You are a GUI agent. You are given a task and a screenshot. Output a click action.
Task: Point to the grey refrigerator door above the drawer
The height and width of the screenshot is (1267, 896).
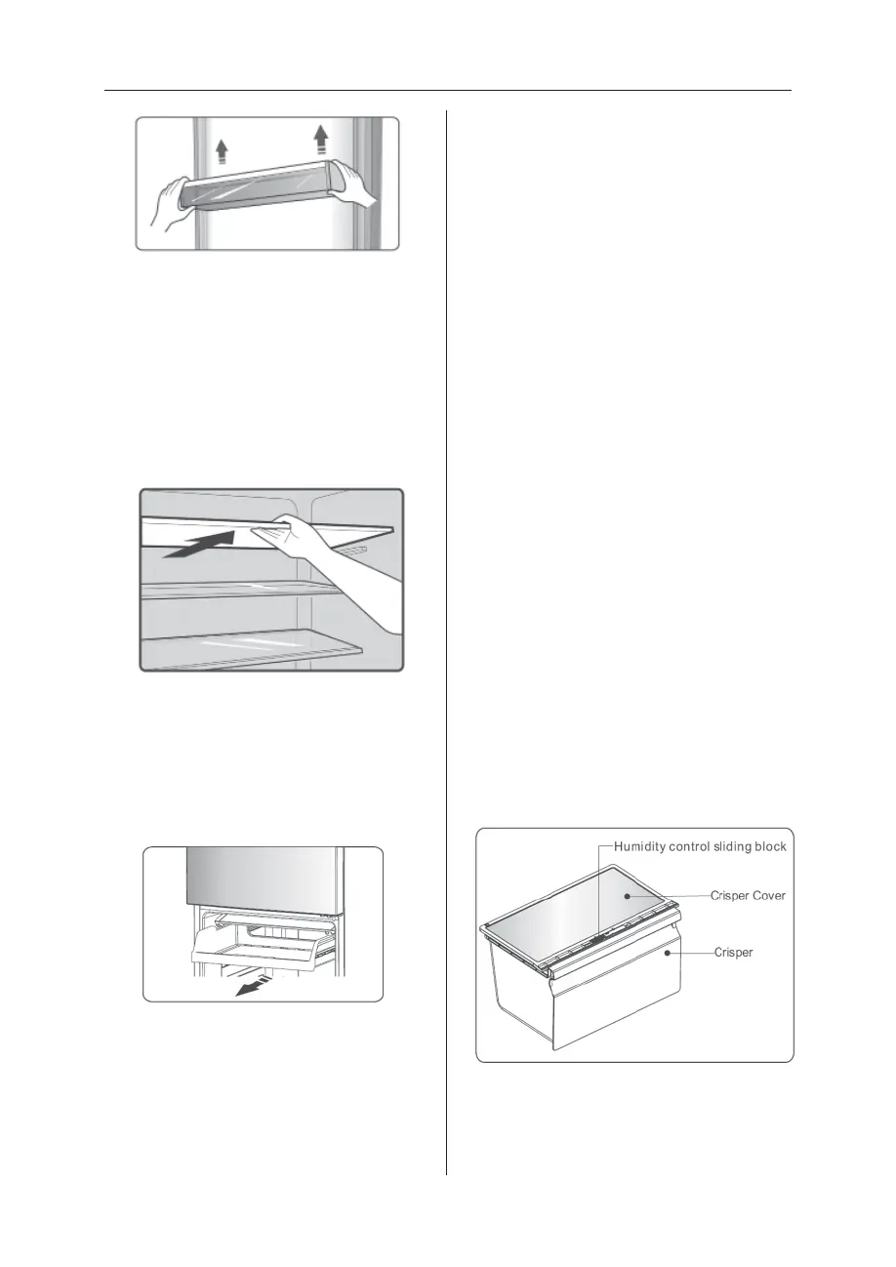click(x=264, y=878)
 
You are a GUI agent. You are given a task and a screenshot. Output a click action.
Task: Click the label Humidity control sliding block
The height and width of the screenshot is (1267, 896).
click(x=700, y=846)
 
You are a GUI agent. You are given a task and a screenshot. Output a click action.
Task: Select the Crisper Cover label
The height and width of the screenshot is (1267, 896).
click(x=750, y=895)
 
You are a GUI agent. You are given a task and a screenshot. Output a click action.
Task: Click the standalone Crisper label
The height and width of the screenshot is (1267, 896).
click(x=733, y=951)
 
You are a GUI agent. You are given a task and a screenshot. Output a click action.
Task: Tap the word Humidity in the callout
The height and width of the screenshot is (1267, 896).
click(x=644, y=846)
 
